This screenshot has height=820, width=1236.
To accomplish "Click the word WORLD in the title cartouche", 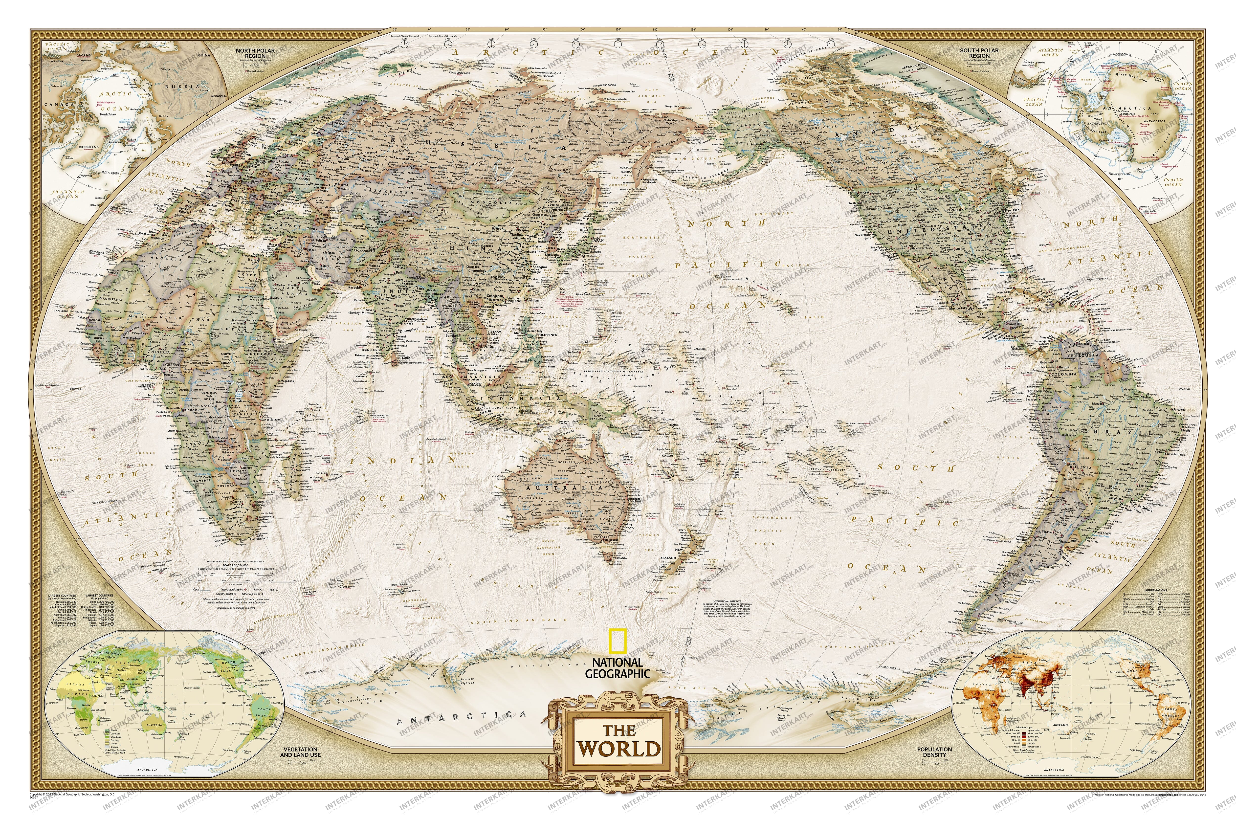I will coord(618,748).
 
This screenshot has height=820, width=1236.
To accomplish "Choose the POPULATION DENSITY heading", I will coord(934,752).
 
